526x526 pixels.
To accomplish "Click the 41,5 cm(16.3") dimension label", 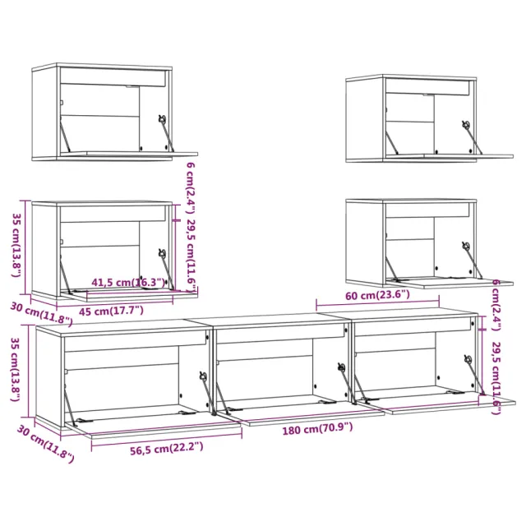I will coord(128,283).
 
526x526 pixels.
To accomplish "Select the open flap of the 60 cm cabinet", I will coord(432,281).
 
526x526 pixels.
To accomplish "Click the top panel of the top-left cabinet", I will coord(103,66).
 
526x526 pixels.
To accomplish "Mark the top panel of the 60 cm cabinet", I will coord(411,201).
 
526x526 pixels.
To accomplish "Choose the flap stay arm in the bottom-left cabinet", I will coord(207,394).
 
